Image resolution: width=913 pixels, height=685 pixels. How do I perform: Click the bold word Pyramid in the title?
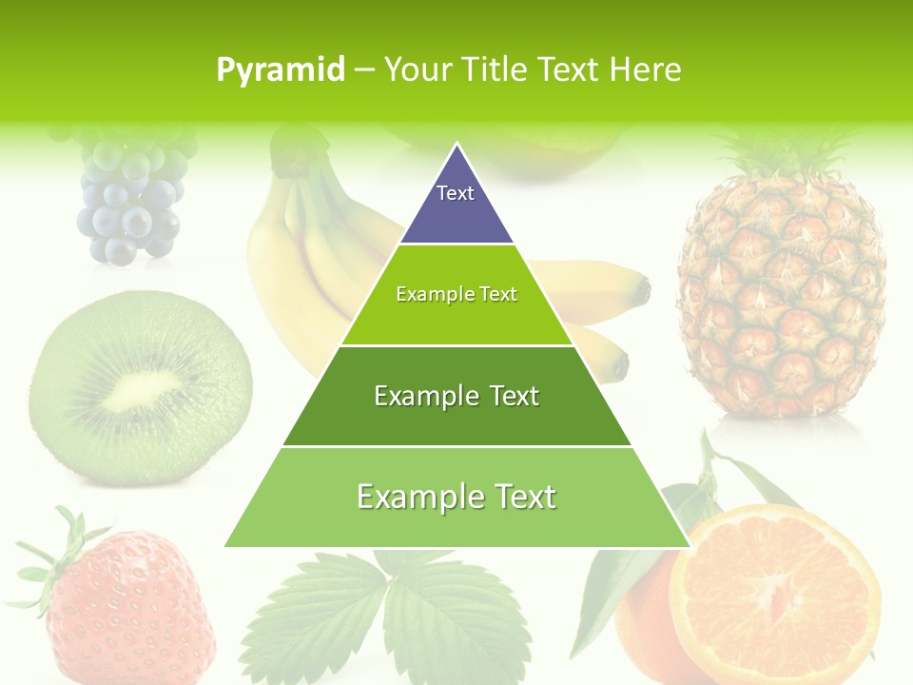(x=280, y=70)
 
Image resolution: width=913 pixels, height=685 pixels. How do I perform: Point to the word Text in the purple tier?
(x=456, y=193)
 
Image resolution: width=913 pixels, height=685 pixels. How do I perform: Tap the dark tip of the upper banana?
(x=643, y=289)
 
